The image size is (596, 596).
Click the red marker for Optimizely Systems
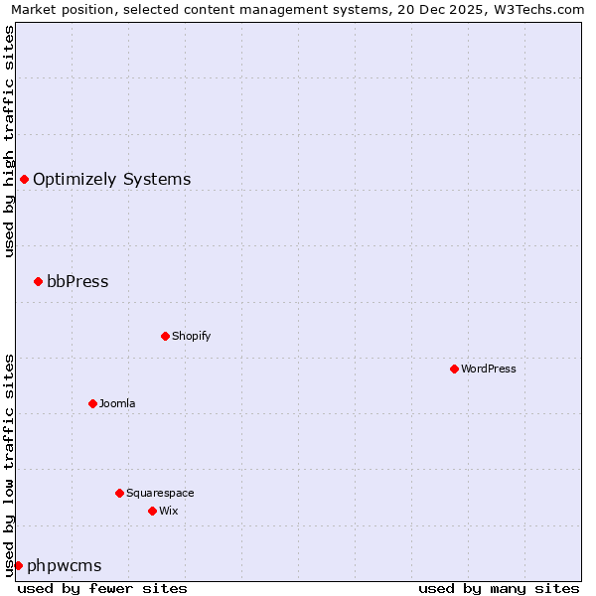[24, 179]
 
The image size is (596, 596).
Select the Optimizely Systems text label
[111, 180]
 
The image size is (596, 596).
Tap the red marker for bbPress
[38, 281]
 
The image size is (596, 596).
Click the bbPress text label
[77, 282]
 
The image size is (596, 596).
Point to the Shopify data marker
[165, 336]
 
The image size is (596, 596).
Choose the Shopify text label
[191, 337]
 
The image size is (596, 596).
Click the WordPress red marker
[454, 369]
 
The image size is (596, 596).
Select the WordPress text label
[488, 370]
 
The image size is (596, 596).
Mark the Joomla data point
[92, 403]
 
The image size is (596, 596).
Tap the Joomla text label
[117, 404]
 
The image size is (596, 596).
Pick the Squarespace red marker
[119, 493]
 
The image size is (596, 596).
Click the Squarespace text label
[160, 494]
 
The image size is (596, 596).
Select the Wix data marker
[152, 511]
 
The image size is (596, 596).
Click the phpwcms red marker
[18, 565]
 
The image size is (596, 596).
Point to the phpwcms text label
[64, 566]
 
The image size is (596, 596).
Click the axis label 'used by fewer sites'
[102, 588]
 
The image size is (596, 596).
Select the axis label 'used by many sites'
[499, 588]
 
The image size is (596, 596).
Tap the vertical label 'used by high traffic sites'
[9, 141]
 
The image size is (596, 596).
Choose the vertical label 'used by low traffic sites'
[9, 465]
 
